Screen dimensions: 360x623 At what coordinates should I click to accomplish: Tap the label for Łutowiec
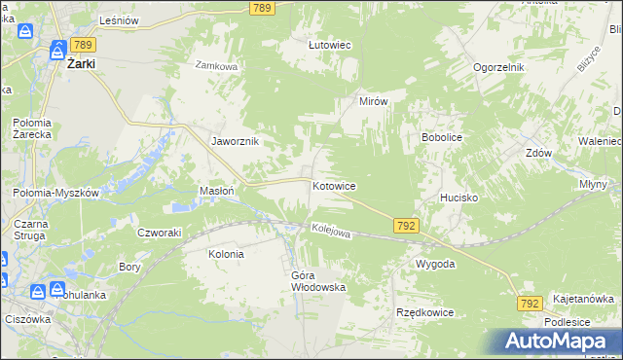329,45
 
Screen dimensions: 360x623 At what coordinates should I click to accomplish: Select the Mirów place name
374,101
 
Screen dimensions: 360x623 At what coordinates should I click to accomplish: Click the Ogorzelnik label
499,67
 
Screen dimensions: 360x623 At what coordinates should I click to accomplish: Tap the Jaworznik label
235,141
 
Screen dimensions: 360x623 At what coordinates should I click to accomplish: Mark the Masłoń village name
216,191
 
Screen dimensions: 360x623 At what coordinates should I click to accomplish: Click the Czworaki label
160,232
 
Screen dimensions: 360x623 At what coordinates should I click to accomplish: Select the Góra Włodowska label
318,281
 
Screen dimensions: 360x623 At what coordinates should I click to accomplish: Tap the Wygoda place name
435,264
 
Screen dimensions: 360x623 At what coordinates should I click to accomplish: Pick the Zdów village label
538,154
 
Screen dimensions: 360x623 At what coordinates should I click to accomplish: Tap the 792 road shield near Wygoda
407,226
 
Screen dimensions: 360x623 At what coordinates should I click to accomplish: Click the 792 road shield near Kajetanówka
530,305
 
